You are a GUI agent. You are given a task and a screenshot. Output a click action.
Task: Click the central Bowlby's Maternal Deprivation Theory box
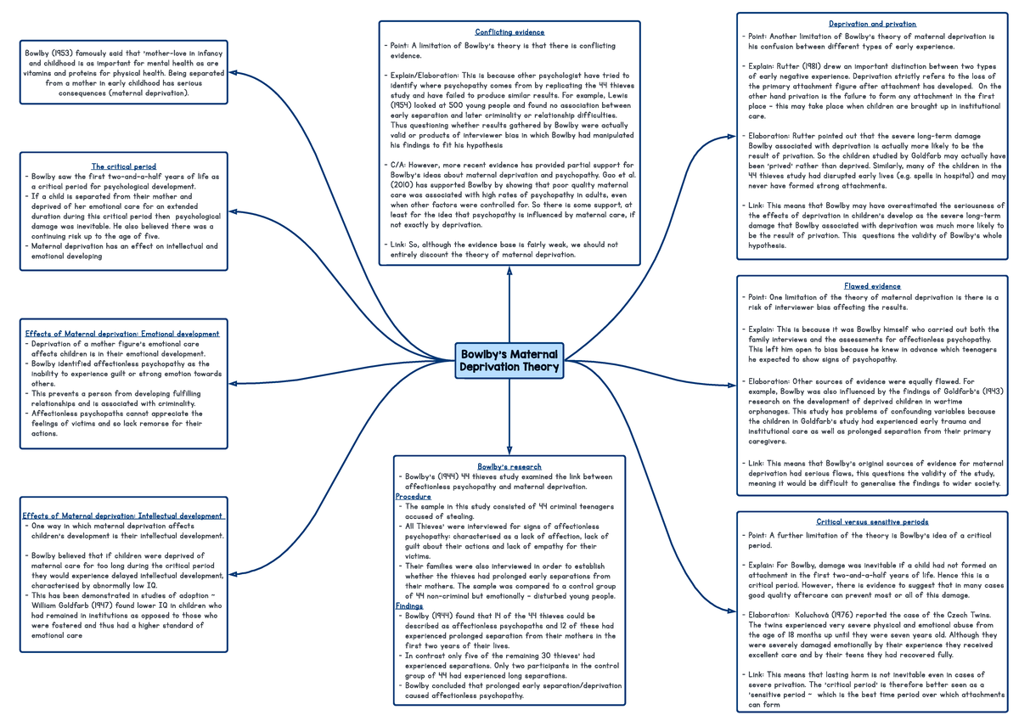(x=509, y=361)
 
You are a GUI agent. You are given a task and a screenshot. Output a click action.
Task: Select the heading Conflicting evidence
(x=509, y=32)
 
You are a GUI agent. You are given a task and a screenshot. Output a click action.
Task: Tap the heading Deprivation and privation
(x=872, y=24)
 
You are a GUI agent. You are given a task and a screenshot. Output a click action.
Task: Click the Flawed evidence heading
(x=872, y=286)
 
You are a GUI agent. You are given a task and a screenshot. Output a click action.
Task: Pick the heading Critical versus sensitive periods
(x=872, y=521)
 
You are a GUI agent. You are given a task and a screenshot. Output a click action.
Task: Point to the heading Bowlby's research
(x=509, y=466)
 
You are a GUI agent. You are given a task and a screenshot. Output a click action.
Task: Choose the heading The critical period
(x=124, y=166)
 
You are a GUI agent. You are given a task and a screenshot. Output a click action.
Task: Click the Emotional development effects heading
(x=122, y=334)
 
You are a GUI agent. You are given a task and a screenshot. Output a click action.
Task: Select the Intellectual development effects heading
(x=123, y=515)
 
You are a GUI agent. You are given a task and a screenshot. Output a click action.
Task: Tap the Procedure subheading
(x=413, y=496)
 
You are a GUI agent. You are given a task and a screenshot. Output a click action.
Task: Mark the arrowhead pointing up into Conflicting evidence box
(x=509, y=271)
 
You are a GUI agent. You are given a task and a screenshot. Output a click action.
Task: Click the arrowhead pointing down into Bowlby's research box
(x=509, y=449)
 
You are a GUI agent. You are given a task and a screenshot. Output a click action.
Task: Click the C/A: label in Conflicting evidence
(x=396, y=164)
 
